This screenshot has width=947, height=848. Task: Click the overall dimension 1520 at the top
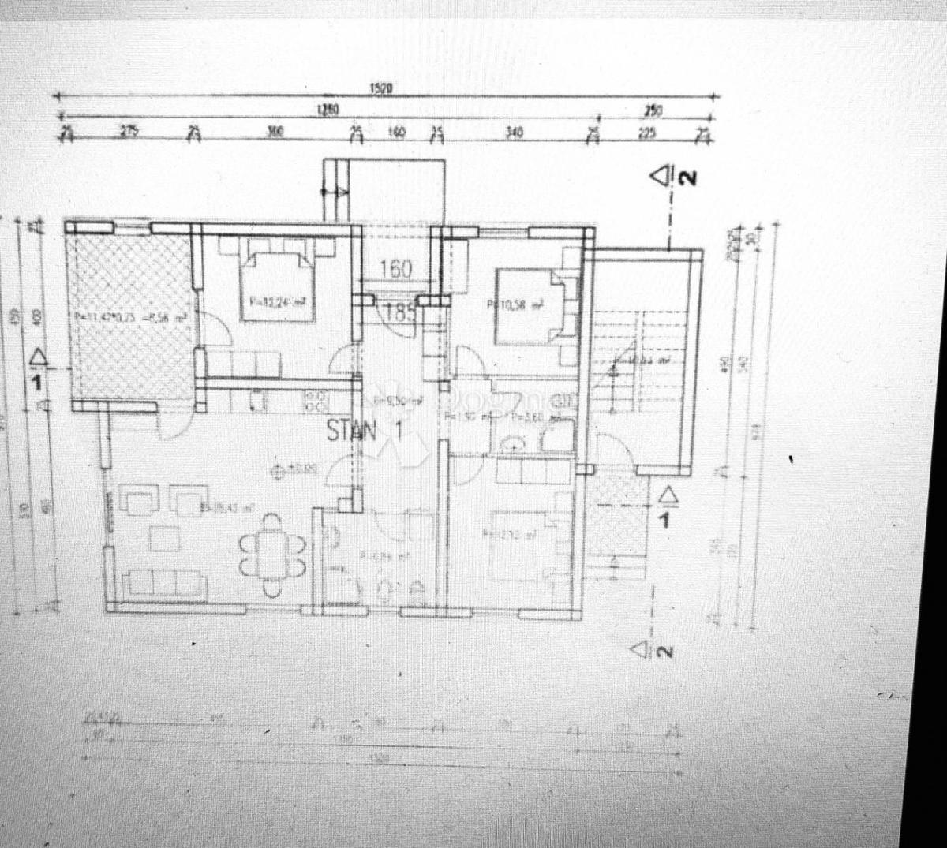click(x=381, y=89)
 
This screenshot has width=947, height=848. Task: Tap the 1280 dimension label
click(x=328, y=110)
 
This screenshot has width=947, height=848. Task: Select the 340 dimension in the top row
click(x=514, y=133)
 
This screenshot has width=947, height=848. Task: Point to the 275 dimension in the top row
click(x=129, y=131)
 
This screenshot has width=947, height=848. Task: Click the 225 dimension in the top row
click(x=647, y=133)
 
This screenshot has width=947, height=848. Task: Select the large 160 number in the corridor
click(x=395, y=269)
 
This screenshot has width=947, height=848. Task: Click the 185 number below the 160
click(x=400, y=312)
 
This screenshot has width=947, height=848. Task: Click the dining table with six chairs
click(x=272, y=555)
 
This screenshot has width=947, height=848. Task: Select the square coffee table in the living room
click(x=165, y=538)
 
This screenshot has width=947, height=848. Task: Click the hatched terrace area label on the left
click(x=131, y=318)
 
